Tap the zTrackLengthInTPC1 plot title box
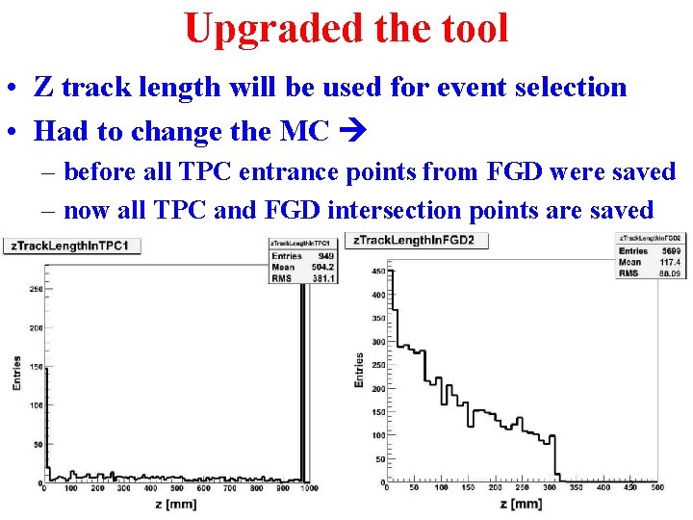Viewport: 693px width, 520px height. pos(73,246)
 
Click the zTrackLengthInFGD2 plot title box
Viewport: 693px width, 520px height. pos(420,240)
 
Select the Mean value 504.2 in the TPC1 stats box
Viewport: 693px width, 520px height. pos(321,267)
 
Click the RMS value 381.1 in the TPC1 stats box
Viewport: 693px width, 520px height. pos(321,277)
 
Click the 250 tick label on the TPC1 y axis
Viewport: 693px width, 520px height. pos(36,288)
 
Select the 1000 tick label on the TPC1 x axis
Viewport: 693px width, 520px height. pos(308,489)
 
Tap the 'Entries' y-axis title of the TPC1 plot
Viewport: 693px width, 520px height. pos(16,374)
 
